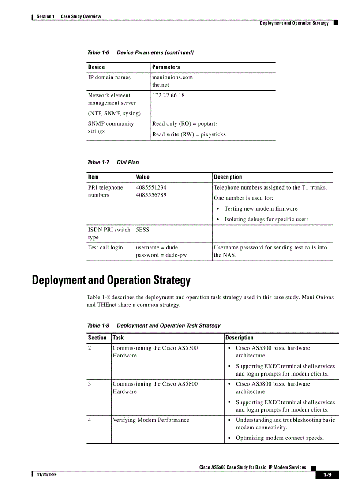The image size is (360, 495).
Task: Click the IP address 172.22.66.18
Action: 169,95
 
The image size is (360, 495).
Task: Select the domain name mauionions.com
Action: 172,77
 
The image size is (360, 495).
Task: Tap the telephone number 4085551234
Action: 151,187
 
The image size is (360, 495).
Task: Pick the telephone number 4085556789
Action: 151,195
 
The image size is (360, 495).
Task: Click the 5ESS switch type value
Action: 142,230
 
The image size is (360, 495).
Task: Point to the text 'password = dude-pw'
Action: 161,255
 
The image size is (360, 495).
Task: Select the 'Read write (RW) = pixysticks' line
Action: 189,134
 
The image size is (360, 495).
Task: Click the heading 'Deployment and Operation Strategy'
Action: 111,280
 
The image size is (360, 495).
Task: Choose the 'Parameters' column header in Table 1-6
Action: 166,67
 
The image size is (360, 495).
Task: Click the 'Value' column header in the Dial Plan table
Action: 143,177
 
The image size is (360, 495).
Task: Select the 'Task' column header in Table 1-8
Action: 118,338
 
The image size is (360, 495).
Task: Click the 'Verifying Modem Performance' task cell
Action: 151,420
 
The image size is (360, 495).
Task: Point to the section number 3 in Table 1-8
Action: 90,384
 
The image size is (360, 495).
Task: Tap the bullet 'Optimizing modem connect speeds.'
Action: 280,438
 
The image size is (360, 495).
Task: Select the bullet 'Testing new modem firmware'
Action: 261,209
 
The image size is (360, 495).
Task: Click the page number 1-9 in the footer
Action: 327,475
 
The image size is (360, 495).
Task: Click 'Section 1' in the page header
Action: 45,16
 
